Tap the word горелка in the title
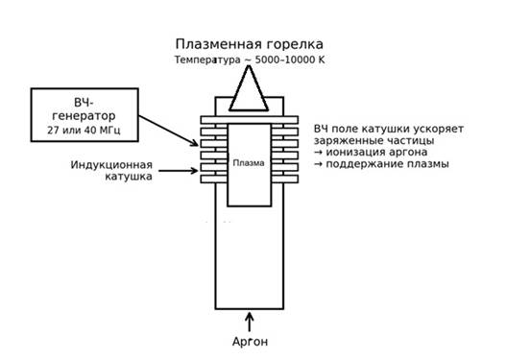pyautogui.click(x=295, y=45)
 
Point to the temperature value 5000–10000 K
pyautogui.click(x=290, y=60)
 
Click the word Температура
pyautogui.click(x=207, y=60)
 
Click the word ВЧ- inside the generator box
pyautogui.click(x=84, y=103)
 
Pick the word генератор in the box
pyautogui.click(x=84, y=116)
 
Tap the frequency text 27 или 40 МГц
pyautogui.click(x=84, y=130)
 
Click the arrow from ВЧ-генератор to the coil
pyautogui.click(x=168, y=131)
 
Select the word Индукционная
pyautogui.click(x=111, y=165)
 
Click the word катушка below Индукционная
pyautogui.click(x=129, y=176)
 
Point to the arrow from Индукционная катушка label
pyautogui.click(x=179, y=171)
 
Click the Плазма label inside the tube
pyautogui.click(x=249, y=163)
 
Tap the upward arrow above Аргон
pyautogui.click(x=250, y=323)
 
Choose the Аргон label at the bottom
pyautogui.click(x=251, y=342)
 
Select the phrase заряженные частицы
pyautogui.click(x=374, y=140)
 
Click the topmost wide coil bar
pyautogui.click(x=250, y=120)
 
